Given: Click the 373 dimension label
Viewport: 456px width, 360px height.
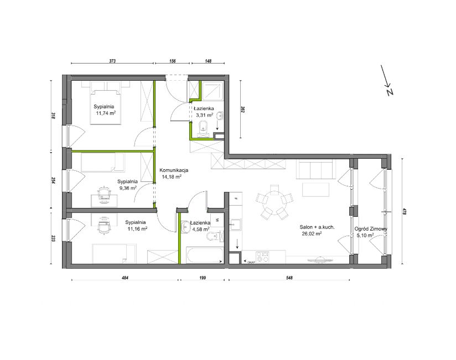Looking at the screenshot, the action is tap(112, 61).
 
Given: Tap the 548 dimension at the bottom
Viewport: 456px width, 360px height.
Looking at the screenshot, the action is tap(289, 278).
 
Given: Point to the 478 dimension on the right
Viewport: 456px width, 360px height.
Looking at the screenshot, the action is tap(404, 211).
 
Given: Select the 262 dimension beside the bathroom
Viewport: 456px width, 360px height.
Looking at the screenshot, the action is tap(242, 109).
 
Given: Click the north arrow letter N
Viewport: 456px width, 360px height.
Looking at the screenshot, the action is tap(390, 92).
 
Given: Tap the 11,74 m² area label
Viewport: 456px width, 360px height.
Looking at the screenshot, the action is tap(106, 113).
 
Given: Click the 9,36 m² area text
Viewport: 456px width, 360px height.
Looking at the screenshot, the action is tap(128, 188).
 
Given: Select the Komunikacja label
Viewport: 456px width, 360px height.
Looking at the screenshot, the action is tap(174, 170).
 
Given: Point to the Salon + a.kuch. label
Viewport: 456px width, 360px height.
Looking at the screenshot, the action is tap(317, 227).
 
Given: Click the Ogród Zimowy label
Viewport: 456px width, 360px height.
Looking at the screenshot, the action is tap(371, 229).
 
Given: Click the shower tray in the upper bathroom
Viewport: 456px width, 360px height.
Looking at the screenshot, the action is tap(213, 92).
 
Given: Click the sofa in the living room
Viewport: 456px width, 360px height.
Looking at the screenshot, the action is tap(316, 169).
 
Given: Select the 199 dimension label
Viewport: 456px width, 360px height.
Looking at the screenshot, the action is tap(203, 278).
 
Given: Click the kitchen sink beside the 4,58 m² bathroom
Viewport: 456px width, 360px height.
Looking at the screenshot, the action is tap(235, 225).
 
